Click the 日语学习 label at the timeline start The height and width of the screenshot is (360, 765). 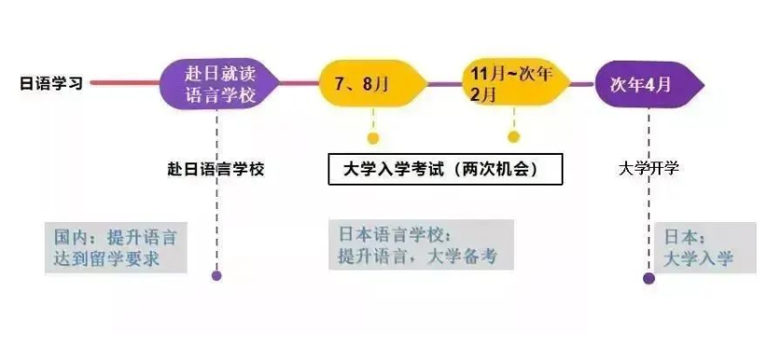click(51, 83)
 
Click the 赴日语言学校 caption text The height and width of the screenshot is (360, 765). click(216, 169)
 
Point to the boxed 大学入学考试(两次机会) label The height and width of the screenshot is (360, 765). click(445, 169)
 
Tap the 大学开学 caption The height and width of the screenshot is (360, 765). click(648, 169)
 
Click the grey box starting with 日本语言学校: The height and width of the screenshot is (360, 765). click(420, 245)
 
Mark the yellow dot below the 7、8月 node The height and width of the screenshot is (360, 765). click(373, 138)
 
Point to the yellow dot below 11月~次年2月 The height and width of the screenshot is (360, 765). click(513, 138)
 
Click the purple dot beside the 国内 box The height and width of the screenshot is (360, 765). click(216, 276)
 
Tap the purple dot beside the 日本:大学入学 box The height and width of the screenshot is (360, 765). click(649, 278)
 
